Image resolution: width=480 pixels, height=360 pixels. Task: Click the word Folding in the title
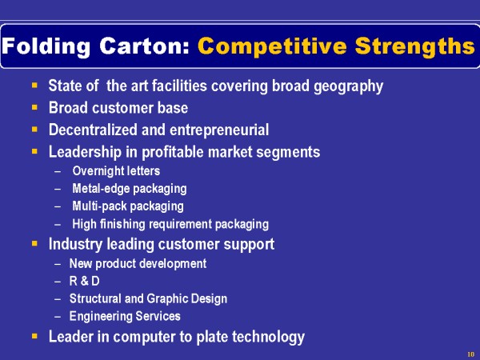click(x=46, y=46)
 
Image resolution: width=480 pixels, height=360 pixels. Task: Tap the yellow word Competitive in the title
click(x=272, y=46)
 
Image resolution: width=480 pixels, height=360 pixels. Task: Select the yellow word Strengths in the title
click(x=415, y=46)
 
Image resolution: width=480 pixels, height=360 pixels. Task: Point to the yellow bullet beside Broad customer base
click(x=34, y=107)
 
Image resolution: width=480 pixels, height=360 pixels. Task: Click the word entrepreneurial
click(x=219, y=130)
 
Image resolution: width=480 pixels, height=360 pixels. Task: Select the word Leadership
click(x=85, y=152)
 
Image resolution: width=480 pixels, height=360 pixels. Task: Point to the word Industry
click(x=76, y=244)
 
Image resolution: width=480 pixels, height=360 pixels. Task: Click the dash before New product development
click(x=58, y=264)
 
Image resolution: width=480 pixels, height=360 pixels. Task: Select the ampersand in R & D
click(x=85, y=282)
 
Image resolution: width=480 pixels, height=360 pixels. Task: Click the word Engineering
click(x=101, y=316)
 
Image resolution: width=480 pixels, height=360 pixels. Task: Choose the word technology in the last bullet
click(x=268, y=337)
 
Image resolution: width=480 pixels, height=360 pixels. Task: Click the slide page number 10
click(x=471, y=354)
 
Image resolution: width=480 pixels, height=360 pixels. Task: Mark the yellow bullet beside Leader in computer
click(x=34, y=337)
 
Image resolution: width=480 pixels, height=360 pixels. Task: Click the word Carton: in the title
click(x=144, y=46)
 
